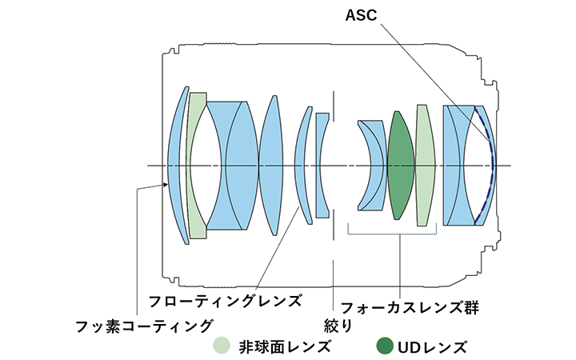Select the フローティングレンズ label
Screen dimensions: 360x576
click(x=226, y=301)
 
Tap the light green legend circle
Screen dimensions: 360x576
click(x=222, y=346)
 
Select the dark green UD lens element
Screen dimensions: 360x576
click(x=399, y=165)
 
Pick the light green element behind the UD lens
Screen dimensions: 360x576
click(x=424, y=165)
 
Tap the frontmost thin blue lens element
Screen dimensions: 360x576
click(x=177, y=165)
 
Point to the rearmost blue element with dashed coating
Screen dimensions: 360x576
click(x=482, y=165)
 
